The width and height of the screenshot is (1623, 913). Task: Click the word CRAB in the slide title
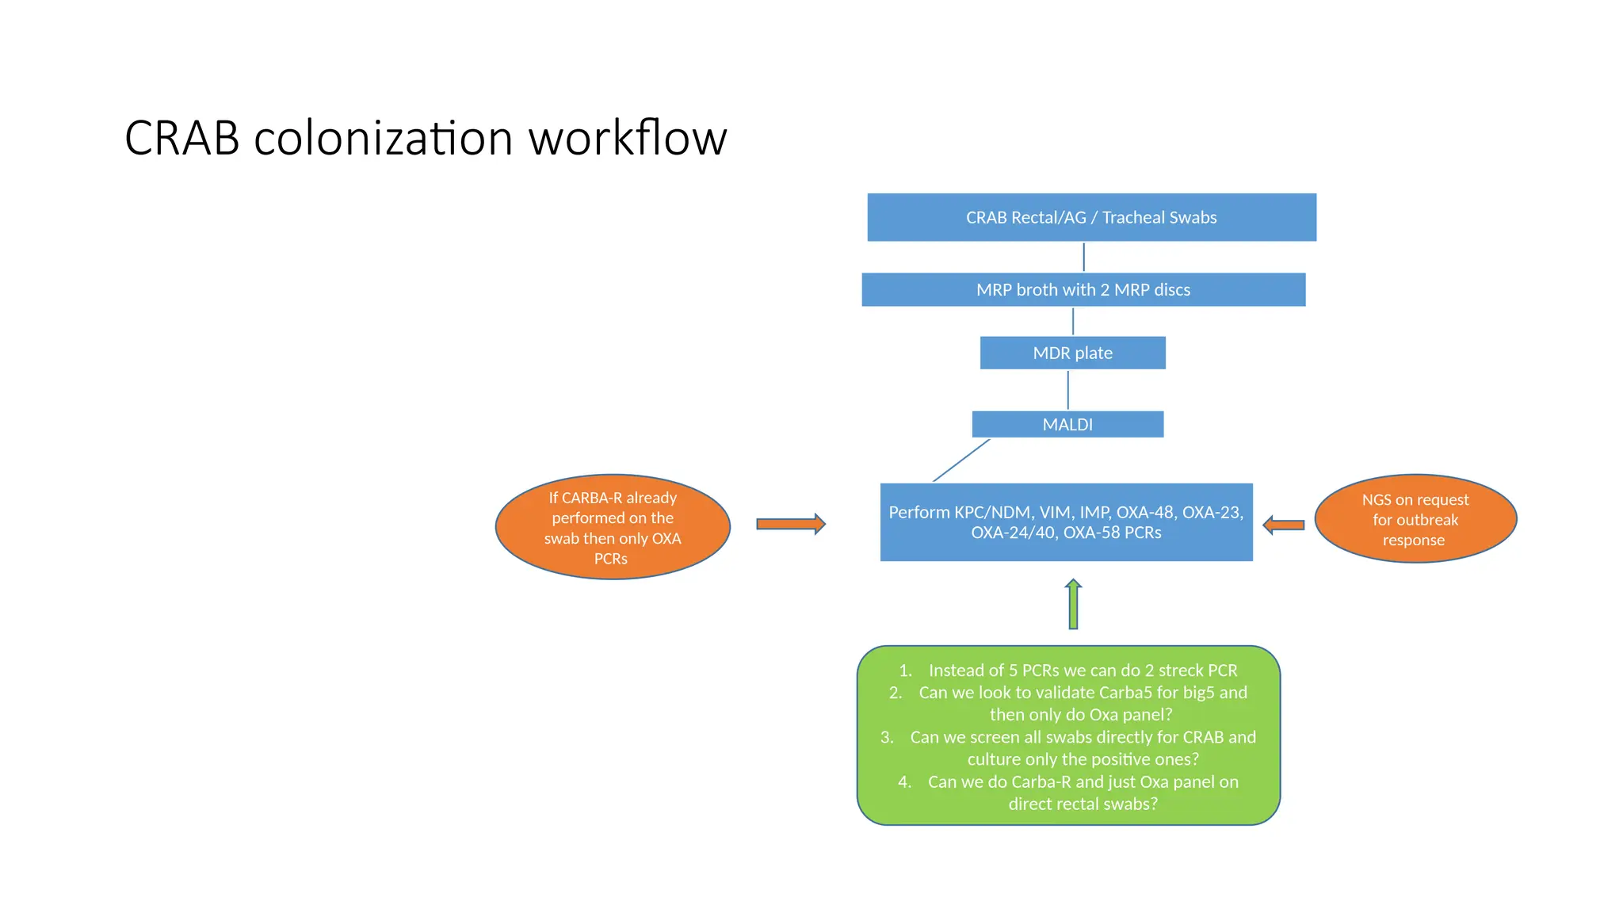coord(182,139)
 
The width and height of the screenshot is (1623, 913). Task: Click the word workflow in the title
coord(628,139)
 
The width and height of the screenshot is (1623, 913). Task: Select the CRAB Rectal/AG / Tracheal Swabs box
coord(1091,217)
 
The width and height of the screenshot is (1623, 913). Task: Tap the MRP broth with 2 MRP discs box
coord(1083,290)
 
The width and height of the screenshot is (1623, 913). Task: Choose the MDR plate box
coord(1072,353)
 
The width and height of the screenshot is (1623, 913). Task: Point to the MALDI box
coord(1067,425)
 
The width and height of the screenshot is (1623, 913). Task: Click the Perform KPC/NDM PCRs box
coord(1066,522)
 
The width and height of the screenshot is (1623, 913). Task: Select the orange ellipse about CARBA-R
coord(613,527)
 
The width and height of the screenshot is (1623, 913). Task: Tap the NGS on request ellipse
coord(1415,520)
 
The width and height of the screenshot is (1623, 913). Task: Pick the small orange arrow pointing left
coord(1283,525)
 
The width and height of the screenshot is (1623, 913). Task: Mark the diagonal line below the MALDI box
coord(961,460)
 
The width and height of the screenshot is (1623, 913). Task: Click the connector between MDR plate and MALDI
coord(1067,390)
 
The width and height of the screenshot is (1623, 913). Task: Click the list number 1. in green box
coord(905,670)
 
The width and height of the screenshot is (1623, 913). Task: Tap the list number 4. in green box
coord(904,782)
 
